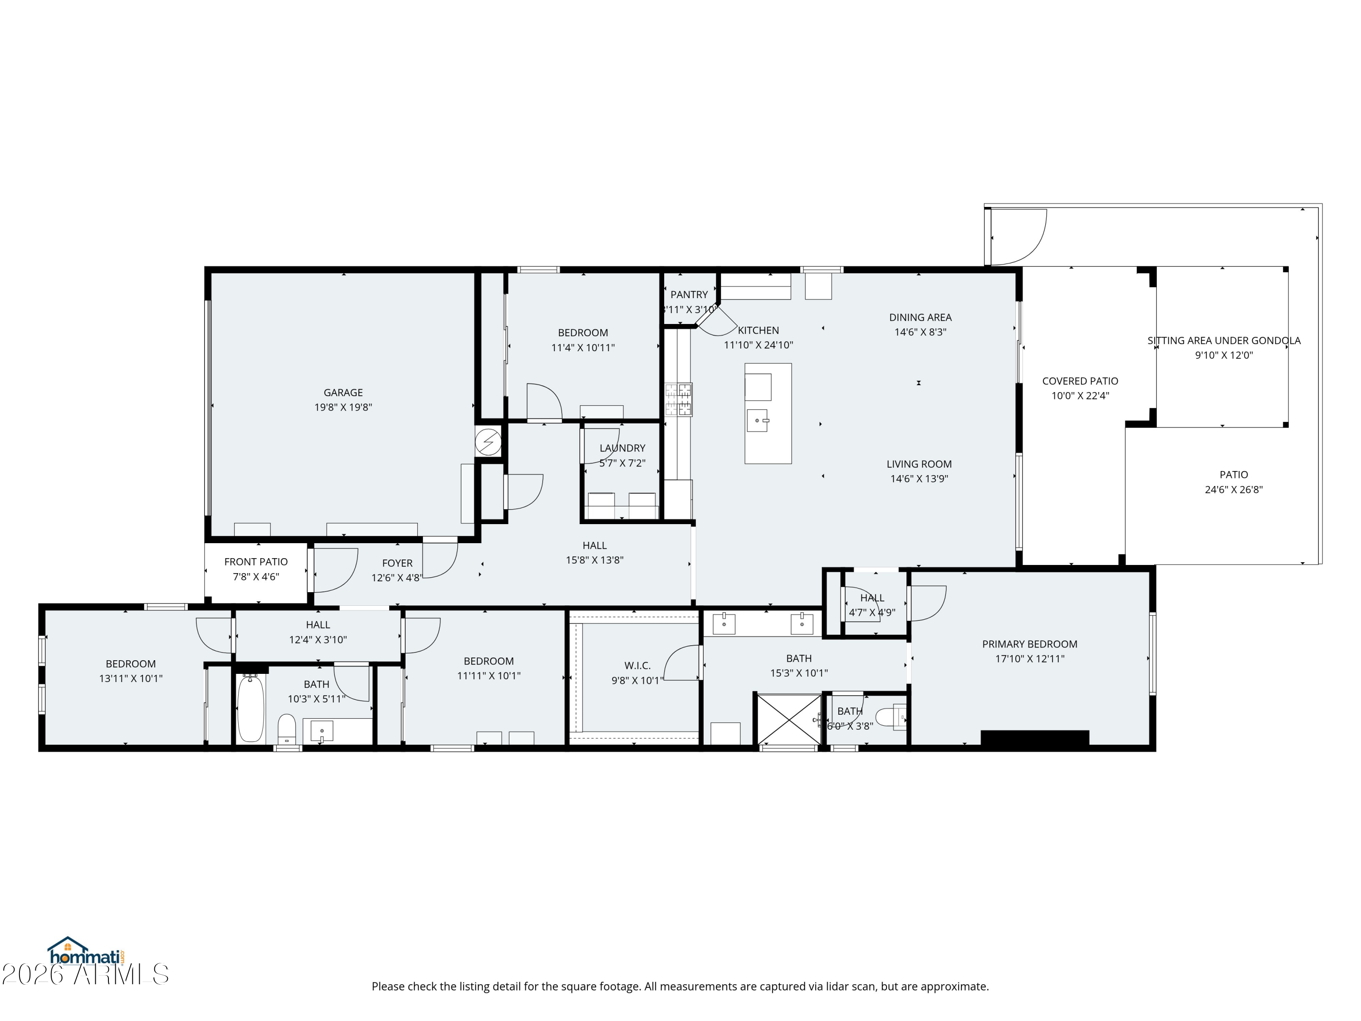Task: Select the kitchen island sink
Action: [x=758, y=420]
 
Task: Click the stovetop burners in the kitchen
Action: [x=678, y=399]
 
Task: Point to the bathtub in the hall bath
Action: [x=250, y=708]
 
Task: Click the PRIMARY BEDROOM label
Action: [x=1029, y=644]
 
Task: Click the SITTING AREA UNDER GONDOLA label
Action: [x=1224, y=340]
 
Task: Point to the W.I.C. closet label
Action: [x=637, y=665]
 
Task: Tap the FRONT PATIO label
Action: [x=256, y=562]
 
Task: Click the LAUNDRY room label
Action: [x=623, y=448]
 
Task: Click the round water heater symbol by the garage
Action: [x=488, y=442]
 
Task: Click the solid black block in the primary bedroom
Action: [x=1035, y=738]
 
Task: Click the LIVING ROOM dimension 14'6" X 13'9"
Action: [x=919, y=479]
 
